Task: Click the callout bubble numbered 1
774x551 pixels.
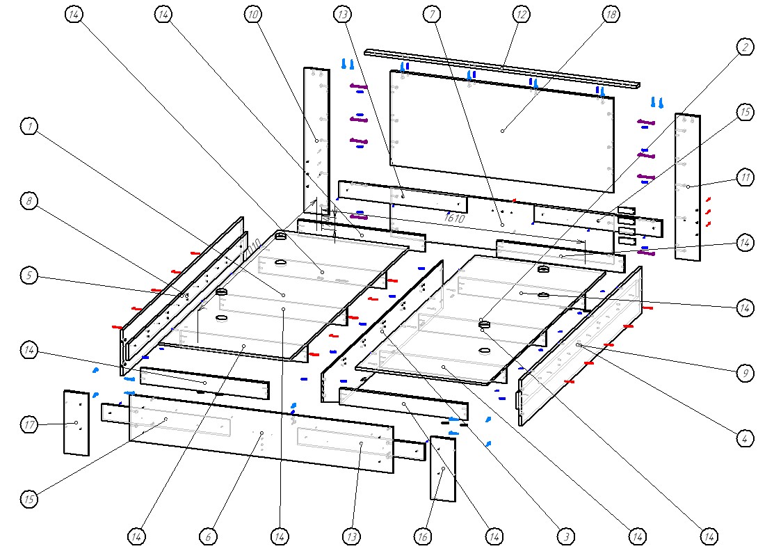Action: point(29,127)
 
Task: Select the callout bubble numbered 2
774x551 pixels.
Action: point(745,47)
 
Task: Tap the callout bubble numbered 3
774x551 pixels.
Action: point(566,536)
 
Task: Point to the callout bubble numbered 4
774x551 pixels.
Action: point(745,439)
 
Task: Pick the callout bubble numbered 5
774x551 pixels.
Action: point(29,276)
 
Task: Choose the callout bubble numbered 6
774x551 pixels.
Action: point(208,536)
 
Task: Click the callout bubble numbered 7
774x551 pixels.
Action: point(433,14)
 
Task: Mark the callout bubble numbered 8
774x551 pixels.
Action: point(29,201)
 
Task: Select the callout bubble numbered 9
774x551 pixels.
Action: point(745,374)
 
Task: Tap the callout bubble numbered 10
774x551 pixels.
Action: point(253,14)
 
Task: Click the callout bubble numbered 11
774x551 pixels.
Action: point(745,178)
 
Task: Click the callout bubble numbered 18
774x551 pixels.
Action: point(611,14)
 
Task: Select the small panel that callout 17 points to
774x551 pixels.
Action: point(76,422)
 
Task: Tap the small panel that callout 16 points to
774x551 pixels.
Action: point(443,470)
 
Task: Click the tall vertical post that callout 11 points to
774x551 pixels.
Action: point(688,186)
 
